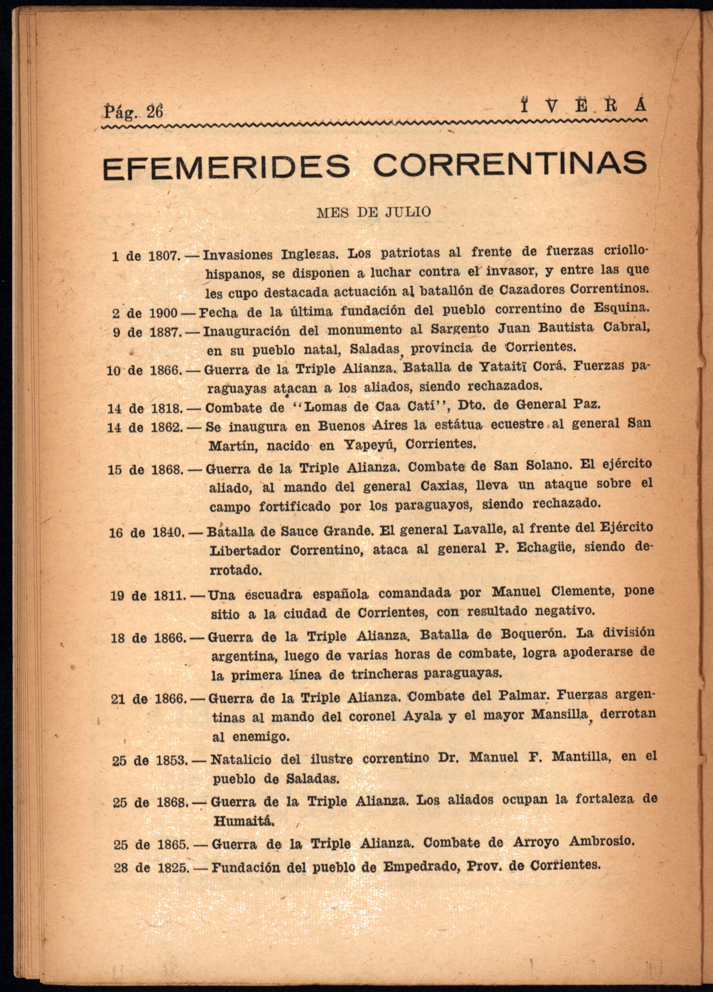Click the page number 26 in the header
(x=154, y=112)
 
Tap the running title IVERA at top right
(x=583, y=107)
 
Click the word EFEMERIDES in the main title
(x=226, y=167)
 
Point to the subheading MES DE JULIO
(x=373, y=213)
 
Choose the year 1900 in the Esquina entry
(x=163, y=313)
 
